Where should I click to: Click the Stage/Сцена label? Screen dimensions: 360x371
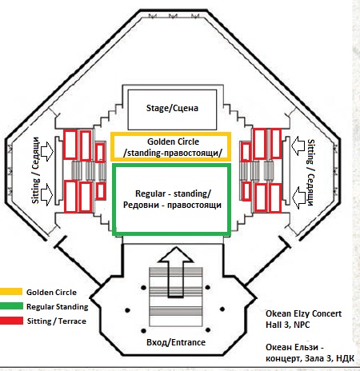(172, 108)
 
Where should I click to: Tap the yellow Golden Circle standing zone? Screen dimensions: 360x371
(170, 134)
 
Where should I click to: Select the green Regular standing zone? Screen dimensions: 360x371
(170, 166)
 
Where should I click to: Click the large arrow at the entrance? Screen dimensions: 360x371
(176, 272)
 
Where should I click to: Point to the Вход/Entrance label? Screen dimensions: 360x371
(176, 342)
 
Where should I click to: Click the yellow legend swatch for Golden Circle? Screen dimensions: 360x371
(11, 291)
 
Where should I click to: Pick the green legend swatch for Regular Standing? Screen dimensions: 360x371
(11, 306)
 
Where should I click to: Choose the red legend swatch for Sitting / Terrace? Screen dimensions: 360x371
(11, 321)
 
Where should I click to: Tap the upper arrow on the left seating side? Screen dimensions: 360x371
(47, 151)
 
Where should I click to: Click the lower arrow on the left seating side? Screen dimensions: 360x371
(47, 194)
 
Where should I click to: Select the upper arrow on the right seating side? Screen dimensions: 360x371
(298, 146)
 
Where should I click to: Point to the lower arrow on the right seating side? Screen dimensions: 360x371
(298, 197)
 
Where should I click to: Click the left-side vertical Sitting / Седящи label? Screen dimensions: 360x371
(35, 170)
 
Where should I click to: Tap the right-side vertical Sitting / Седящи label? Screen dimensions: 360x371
(311, 173)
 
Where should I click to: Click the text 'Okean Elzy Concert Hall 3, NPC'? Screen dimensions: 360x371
(303, 319)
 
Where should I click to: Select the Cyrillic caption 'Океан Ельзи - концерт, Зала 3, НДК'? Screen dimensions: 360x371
(310, 353)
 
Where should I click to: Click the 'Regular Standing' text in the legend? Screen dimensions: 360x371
(58, 307)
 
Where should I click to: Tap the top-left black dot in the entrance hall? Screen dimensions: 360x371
(143, 288)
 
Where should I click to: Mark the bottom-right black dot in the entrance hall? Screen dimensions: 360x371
(208, 330)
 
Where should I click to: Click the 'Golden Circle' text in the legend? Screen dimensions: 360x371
(51, 292)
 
